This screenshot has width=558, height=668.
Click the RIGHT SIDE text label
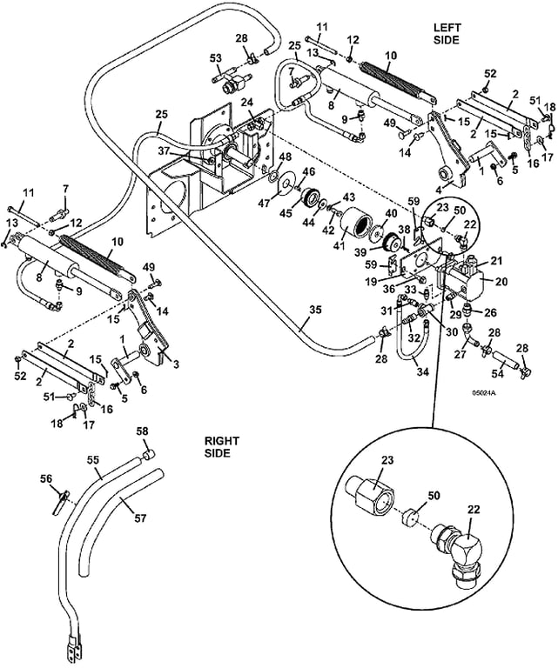(217, 447)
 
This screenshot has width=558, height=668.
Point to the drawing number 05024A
(483, 394)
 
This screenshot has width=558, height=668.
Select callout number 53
(215, 58)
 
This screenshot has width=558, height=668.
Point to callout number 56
(46, 478)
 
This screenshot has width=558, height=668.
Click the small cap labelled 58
(149, 454)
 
